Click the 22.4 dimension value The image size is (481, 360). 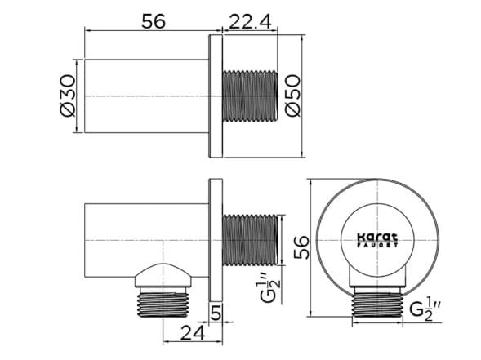coord(249,24)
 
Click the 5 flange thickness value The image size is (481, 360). coord(216,312)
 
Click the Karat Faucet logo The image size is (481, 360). coord(376,238)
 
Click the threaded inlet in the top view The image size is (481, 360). coord(250,96)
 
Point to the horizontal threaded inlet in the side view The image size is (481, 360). coord(250,240)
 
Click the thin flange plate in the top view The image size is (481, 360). coord(216,96)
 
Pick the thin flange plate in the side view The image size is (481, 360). coord(216,240)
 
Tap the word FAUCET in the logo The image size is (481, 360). coord(376,243)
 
